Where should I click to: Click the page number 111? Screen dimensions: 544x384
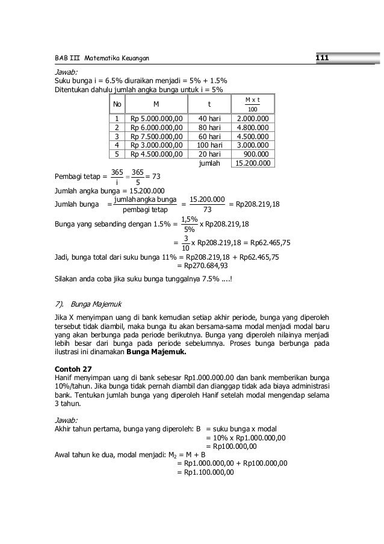pos(321,58)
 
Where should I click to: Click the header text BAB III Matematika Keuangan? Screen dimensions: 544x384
pos(102,58)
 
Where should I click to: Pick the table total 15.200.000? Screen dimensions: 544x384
pos(252,163)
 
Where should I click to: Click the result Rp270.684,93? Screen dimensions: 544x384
pos(202,265)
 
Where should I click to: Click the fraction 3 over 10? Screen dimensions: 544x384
pos(187,243)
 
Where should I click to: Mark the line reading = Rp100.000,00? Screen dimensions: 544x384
pos(231,446)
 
